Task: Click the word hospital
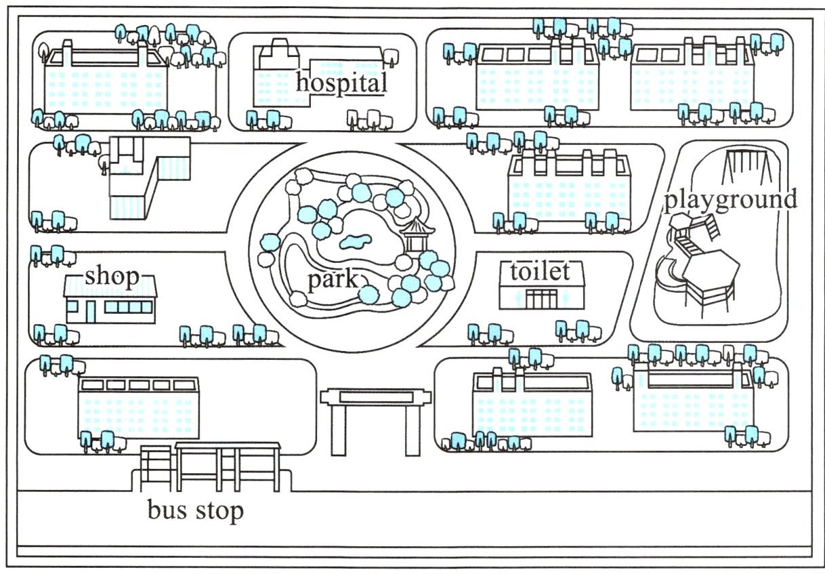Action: (341, 83)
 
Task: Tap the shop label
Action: (112, 276)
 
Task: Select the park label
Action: (332, 280)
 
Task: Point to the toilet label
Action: (540, 272)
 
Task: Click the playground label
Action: (730, 200)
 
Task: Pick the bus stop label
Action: (195, 510)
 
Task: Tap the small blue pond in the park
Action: (354, 241)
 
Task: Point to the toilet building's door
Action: (541, 298)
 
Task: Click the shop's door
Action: (90, 311)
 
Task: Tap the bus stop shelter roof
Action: (228, 445)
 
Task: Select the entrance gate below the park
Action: (375, 396)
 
